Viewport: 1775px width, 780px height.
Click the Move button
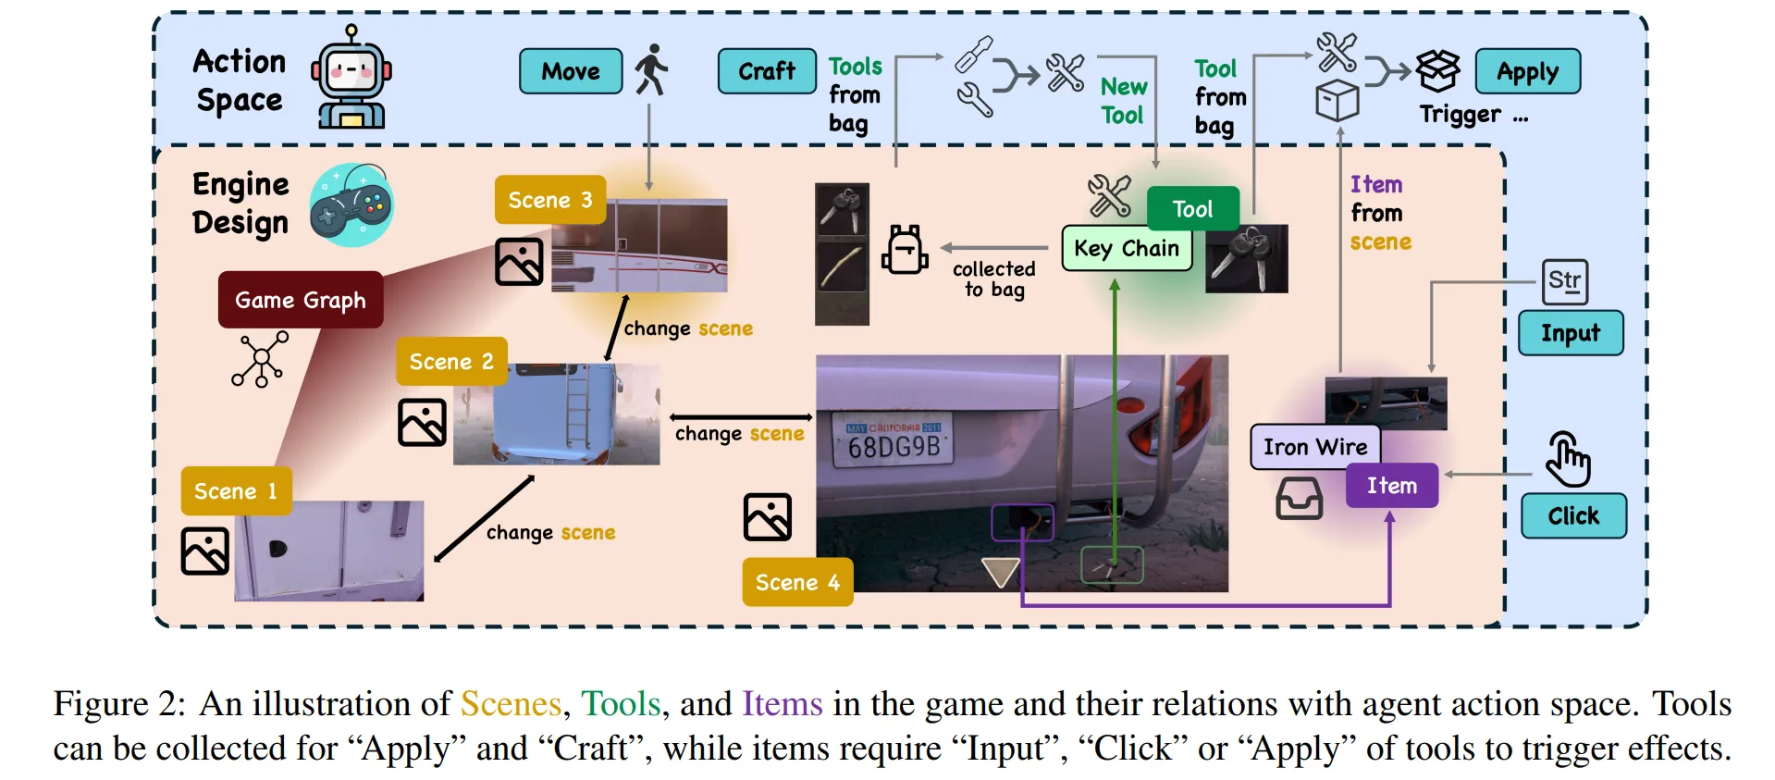(571, 71)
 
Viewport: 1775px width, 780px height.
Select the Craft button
(767, 71)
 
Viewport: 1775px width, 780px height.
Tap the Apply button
(1527, 71)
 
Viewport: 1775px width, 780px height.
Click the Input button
(1570, 333)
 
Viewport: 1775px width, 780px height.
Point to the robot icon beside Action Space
(351, 78)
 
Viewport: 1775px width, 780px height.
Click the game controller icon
(351, 205)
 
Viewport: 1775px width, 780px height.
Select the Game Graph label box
(301, 300)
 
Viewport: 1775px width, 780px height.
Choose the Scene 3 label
(550, 200)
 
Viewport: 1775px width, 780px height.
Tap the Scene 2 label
(451, 362)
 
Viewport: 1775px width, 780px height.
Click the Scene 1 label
(236, 491)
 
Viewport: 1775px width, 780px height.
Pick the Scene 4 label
(797, 582)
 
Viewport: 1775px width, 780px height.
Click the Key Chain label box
(1127, 249)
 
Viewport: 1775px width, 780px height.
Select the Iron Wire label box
(1314, 448)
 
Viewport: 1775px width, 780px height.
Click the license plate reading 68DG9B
(894, 441)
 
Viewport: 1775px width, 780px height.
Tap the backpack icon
(904, 250)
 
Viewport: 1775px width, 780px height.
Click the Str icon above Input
(1564, 281)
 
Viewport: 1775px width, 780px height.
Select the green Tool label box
(1192, 209)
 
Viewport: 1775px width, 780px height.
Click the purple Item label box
(1391, 486)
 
